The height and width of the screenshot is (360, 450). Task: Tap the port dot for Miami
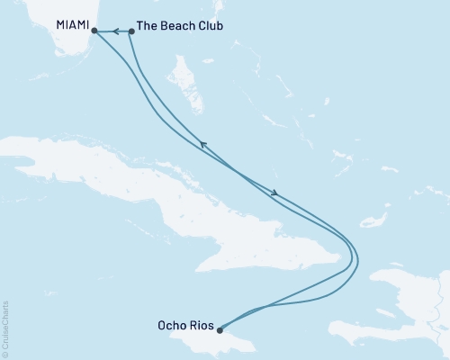tap(94, 31)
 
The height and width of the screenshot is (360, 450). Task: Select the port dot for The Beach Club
tap(132, 31)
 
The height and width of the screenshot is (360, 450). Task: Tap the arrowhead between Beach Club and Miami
tap(116, 31)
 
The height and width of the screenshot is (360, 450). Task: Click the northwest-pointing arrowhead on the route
tap(202, 143)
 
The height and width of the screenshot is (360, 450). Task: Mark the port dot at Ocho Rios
tap(220, 329)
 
